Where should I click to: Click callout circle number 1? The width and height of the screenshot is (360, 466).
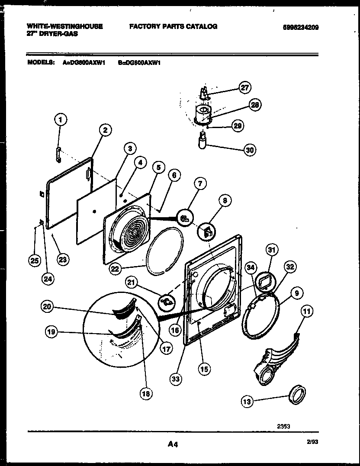coord(61,120)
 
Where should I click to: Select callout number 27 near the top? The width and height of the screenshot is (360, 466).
coord(244,88)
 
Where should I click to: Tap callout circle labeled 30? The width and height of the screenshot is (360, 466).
coord(250,150)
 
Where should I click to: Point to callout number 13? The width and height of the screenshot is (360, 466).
coord(247,402)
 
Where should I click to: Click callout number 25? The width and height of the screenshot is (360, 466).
coord(34,260)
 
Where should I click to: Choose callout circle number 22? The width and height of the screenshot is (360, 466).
coord(114,269)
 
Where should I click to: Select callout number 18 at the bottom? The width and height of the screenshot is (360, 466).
coord(146,393)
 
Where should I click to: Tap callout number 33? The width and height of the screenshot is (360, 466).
coord(175,379)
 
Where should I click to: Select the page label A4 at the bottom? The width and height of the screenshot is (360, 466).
coord(172,444)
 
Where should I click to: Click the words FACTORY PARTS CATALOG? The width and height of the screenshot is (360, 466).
coord(173,26)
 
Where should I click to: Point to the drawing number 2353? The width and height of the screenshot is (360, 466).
coord(283,426)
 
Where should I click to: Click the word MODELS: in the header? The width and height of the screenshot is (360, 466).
coord(41,62)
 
